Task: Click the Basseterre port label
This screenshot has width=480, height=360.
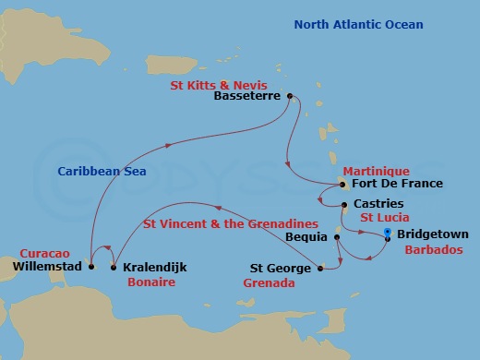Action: click(247, 95)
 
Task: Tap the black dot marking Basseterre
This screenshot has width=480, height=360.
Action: click(290, 95)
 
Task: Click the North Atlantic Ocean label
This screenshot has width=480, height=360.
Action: click(359, 24)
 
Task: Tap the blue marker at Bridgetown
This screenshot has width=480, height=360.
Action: click(387, 234)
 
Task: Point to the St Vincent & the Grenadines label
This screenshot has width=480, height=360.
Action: click(230, 224)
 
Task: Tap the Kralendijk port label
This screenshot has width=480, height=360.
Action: click(154, 267)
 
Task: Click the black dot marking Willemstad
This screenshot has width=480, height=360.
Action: click(91, 267)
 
